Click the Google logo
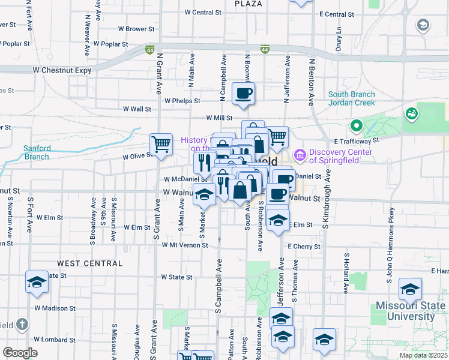20,353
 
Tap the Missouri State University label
411,311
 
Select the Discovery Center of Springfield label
341,155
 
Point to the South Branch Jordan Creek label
352,98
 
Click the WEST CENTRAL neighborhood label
89,263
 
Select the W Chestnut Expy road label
59,70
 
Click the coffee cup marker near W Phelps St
243,94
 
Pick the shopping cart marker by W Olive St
161,144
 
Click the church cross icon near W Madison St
22,325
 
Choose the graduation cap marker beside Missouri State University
411,291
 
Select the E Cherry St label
304,247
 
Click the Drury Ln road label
339,38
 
